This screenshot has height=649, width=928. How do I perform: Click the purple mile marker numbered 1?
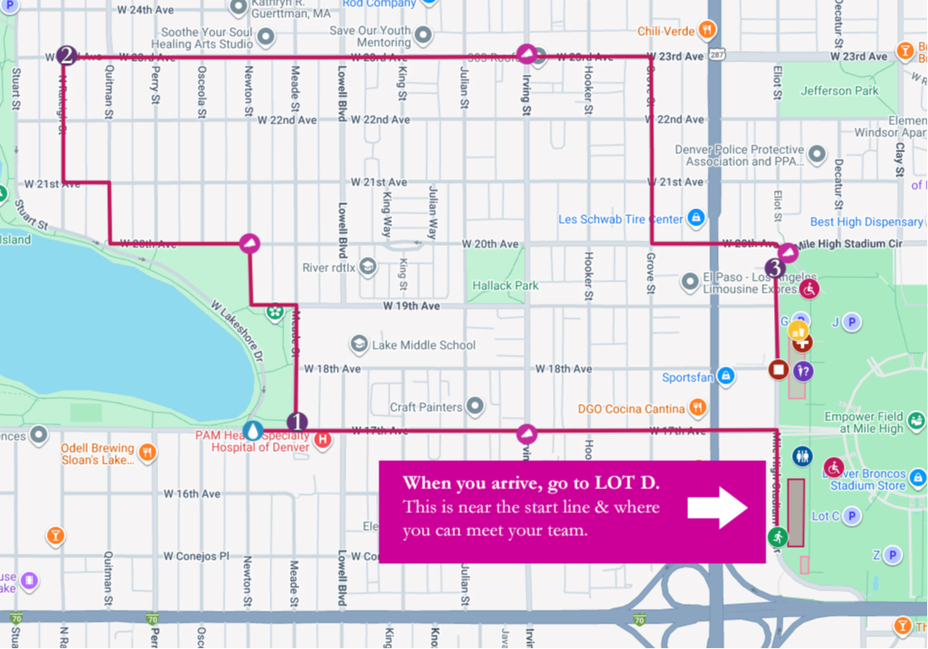coord(297,422)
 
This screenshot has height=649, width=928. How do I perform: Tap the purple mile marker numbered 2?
coord(66,56)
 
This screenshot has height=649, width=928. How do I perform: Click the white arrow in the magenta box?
coord(717,508)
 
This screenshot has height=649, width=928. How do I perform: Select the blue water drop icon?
coord(253,430)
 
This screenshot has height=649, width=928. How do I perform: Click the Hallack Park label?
coord(505,286)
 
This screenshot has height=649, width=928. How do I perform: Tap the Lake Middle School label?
coord(424,345)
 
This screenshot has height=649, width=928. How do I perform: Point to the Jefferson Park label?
coord(839,91)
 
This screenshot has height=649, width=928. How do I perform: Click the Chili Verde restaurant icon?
coord(708,31)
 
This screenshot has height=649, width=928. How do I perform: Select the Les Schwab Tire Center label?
coord(621,219)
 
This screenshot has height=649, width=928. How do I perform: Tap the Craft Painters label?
coord(426,407)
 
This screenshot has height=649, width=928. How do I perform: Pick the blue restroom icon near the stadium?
coord(802,457)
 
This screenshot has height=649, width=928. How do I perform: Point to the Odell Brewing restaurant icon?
coord(147,450)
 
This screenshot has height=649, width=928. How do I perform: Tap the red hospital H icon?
coord(322,440)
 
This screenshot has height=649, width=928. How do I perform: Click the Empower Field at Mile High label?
coord(863,423)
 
